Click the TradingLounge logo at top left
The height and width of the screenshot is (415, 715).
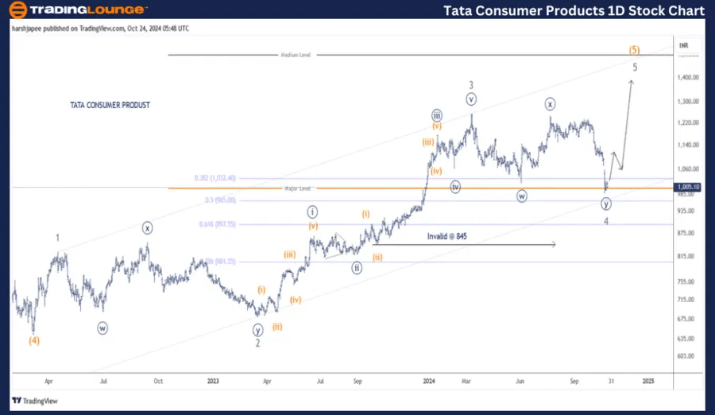click(78, 10)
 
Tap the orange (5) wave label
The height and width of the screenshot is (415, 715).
click(635, 49)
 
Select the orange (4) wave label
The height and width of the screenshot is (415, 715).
click(34, 341)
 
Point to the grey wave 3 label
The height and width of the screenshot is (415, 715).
click(471, 84)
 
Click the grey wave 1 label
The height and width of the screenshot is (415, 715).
click(57, 238)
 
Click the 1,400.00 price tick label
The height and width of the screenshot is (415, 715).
click(688, 77)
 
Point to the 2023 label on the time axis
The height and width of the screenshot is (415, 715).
click(213, 381)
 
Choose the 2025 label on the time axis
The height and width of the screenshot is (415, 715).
click(647, 381)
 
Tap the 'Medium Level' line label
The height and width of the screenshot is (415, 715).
click(296, 55)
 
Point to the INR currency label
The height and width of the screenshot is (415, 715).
click(686, 45)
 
